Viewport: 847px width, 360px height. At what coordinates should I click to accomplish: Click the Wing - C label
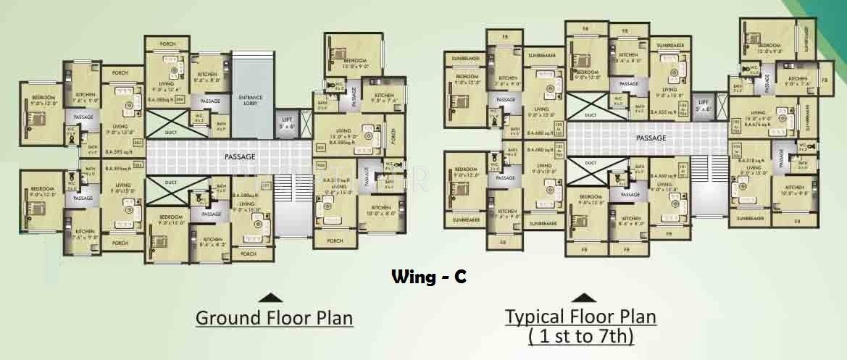[429, 276]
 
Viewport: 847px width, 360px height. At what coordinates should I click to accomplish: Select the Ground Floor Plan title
[274, 318]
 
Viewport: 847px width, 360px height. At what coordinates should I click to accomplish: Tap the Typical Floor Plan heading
[580, 317]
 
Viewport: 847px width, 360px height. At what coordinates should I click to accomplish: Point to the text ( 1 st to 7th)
[580, 336]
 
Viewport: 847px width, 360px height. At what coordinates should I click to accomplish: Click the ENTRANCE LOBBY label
[251, 101]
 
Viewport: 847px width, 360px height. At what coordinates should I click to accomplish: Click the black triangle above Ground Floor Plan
[270, 296]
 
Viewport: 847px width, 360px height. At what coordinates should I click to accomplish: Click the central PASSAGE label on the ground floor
[239, 156]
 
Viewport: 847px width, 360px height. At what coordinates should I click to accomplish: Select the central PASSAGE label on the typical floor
[651, 137]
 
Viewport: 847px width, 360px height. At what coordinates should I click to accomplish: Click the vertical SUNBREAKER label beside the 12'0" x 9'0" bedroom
[802, 39]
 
